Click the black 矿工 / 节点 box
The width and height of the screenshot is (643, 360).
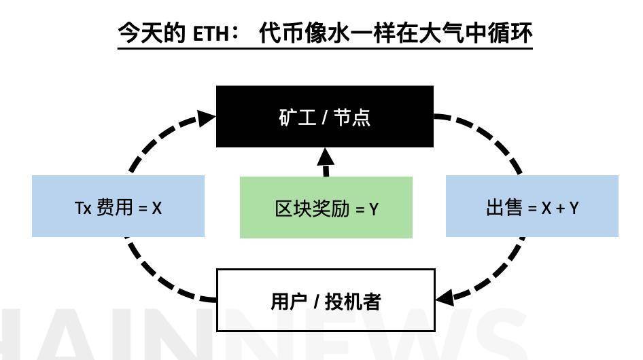click(x=324, y=116)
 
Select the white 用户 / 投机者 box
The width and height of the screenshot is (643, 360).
click(x=325, y=300)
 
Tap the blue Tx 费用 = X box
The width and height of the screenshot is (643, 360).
click(x=118, y=206)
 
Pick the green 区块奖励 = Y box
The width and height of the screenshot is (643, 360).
click(x=326, y=207)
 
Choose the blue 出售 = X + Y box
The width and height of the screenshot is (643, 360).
click(x=532, y=206)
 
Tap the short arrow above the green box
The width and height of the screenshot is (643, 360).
click(x=326, y=163)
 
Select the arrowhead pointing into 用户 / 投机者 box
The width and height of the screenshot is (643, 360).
click(x=445, y=298)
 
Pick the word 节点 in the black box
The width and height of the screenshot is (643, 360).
click(x=353, y=117)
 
